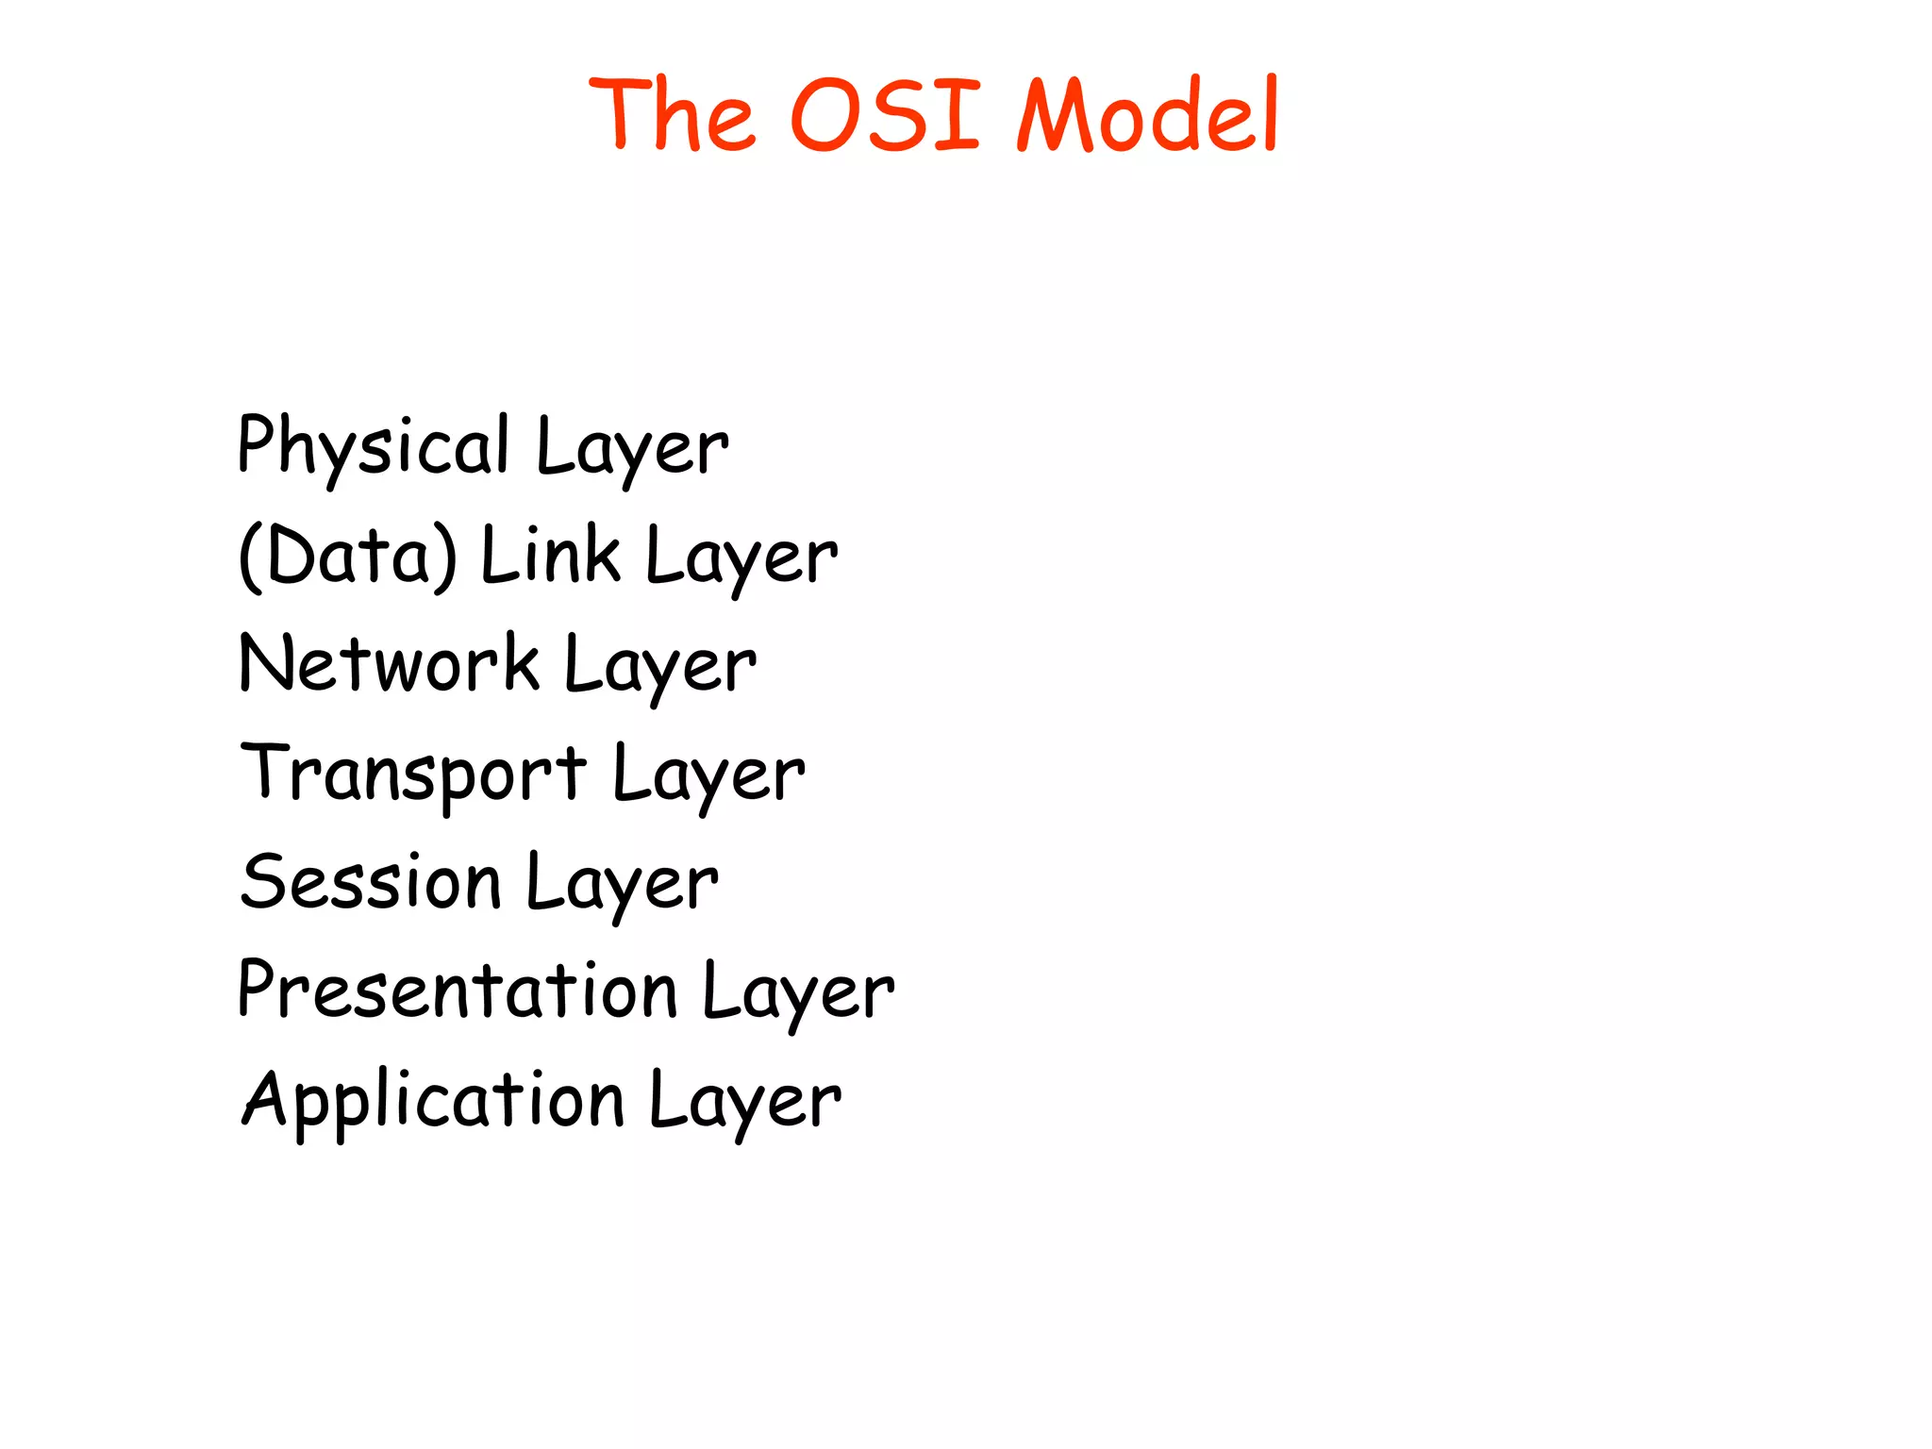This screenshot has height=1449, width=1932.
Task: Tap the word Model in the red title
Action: pos(1147,115)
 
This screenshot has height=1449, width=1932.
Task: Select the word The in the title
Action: pos(672,115)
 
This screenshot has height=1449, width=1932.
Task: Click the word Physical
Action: pos(373,446)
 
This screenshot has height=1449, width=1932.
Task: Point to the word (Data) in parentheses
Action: pos(348,557)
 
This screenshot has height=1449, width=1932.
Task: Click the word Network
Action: pos(389,664)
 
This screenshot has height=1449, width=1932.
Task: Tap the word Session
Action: pos(370,883)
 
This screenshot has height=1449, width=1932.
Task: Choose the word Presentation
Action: pos(458,991)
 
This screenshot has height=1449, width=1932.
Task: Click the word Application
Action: pos(433,1101)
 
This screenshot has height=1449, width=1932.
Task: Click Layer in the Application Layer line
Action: pos(744,1102)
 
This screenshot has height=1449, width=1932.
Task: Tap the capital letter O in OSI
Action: pos(825,115)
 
